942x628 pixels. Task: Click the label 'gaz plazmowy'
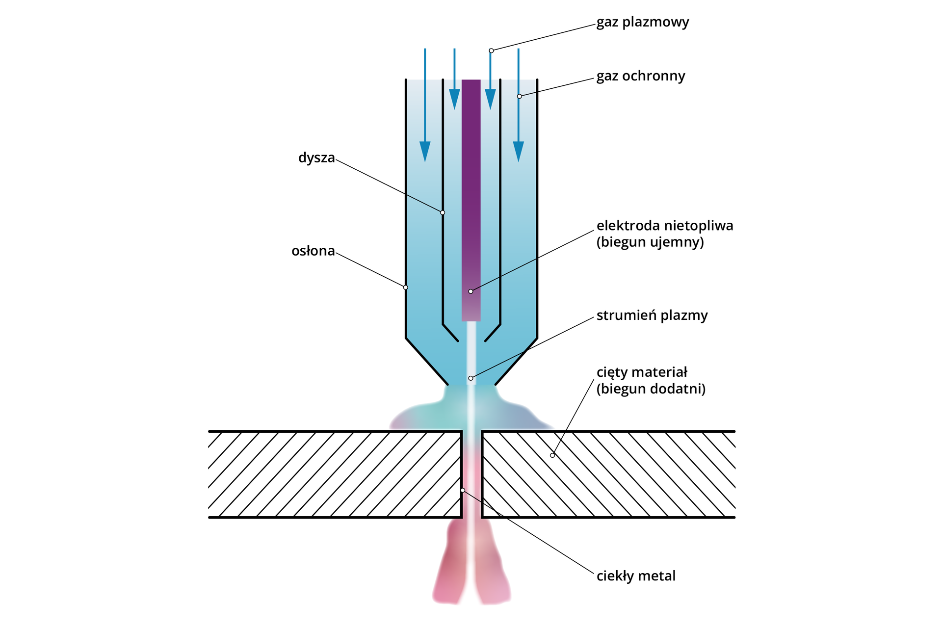click(642, 23)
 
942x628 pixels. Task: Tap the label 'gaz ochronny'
click(640, 77)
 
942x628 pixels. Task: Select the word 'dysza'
click(316, 158)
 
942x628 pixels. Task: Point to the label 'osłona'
click(313, 251)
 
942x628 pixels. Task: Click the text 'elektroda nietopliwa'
click(664, 226)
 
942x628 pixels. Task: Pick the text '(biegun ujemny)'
click(650, 242)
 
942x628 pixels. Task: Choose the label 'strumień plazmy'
click(652, 315)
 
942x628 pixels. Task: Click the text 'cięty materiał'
click(642, 372)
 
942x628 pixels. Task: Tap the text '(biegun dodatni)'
click(651, 389)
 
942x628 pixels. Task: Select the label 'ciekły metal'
click(636, 576)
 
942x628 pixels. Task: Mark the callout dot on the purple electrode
click(471, 291)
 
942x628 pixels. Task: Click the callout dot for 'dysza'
click(443, 212)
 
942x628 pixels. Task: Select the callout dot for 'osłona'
click(406, 288)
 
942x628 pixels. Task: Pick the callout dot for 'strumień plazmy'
click(471, 378)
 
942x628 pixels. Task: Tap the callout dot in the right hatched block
click(552, 455)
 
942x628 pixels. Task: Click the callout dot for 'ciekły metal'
click(463, 490)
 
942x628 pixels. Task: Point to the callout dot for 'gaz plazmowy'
click(491, 51)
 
